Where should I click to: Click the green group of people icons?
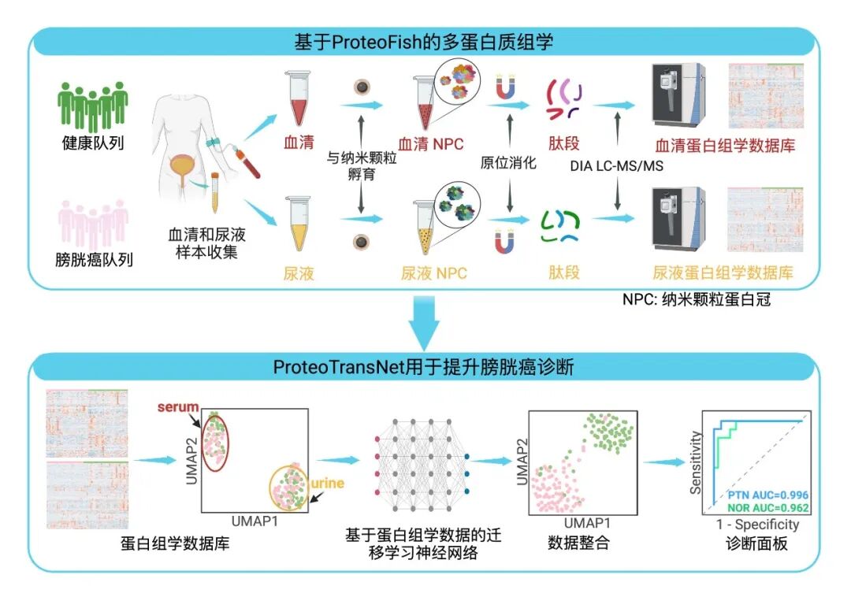pyautogui.click(x=93, y=106)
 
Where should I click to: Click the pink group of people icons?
pyautogui.click(x=93, y=223)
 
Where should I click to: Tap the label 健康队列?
pyautogui.click(x=93, y=144)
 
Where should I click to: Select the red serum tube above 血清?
pyautogui.click(x=297, y=98)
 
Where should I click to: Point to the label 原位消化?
pyautogui.click(x=508, y=164)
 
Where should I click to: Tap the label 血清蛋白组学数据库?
pyautogui.click(x=725, y=146)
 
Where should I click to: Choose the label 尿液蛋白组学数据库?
pyautogui.click(x=723, y=274)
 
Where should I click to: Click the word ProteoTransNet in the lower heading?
pyautogui.click(x=322, y=366)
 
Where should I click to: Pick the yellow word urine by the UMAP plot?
pyautogui.click(x=327, y=483)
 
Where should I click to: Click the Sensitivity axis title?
pyautogui.click(x=696, y=462)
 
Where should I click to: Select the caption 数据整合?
pyautogui.click(x=578, y=543)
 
